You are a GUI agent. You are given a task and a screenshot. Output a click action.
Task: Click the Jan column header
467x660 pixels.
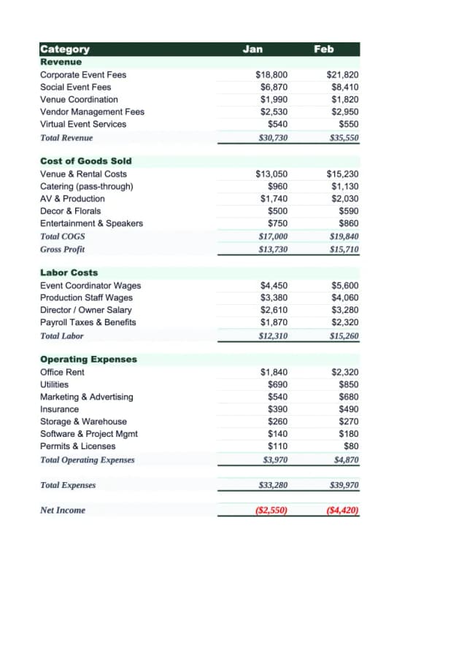click(252, 49)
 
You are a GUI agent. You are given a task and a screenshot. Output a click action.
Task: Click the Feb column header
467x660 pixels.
click(323, 49)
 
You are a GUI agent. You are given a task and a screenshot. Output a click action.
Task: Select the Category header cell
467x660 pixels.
click(65, 49)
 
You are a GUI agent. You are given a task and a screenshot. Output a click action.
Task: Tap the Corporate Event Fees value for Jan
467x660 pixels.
click(271, 75)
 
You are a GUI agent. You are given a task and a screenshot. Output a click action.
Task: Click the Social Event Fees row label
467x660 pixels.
click(75, 88)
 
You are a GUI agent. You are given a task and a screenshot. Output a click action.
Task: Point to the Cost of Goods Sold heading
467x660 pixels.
click(85, 161)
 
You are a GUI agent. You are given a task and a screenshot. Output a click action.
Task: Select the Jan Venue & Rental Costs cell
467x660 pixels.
click(271, 174)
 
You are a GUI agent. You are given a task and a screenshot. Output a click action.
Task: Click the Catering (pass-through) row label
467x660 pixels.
click(86, 187)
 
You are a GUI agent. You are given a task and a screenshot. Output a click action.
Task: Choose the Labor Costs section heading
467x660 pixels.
click(69, 273)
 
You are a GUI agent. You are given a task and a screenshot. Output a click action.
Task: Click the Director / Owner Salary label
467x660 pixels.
click(85, 310)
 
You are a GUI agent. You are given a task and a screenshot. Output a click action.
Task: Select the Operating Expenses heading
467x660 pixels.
click(88, 360)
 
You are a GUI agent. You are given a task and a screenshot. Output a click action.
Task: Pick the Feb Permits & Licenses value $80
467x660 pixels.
click(351, 446)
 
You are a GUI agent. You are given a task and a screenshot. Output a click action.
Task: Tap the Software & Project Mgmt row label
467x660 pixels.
click(88, 434)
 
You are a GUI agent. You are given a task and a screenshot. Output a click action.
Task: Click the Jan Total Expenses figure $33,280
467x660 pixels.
click(273, 486)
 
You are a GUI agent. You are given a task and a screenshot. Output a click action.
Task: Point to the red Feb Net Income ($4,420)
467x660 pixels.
click(343, 510)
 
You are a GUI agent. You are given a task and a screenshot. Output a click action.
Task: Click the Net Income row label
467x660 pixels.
click(62, 510)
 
